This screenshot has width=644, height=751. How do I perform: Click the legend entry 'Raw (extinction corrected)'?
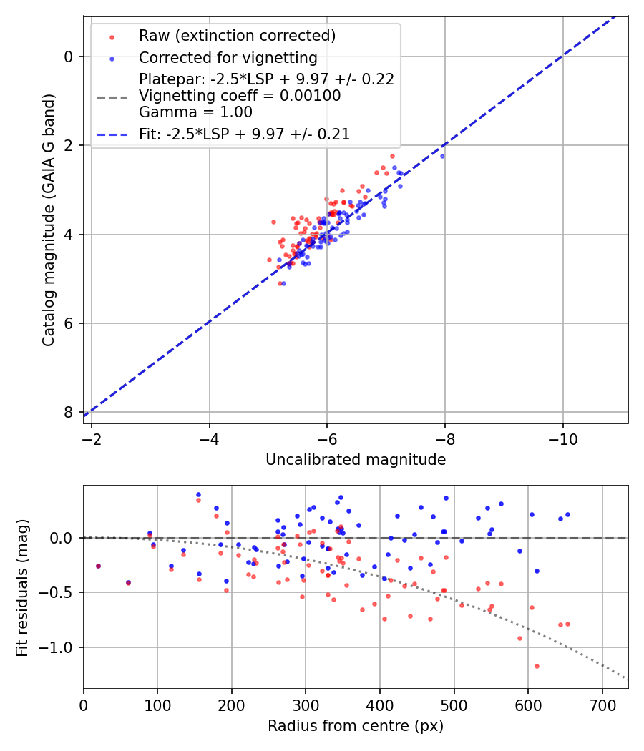pyautogui.click(x=237, y=36)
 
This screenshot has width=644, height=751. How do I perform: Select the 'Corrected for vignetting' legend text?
pyautogui.click(x=228, y=57)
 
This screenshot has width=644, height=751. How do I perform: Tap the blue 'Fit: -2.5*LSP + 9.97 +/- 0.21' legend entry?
pyautogui.click(x=244, y=134)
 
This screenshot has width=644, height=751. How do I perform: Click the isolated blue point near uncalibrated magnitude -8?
pyautogui.click(x=442, y=156)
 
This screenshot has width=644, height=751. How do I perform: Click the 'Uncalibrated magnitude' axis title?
pyautogui.click(x=356, y=460)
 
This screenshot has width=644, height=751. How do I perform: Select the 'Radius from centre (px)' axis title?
pyautogui.click(x=356, y=726)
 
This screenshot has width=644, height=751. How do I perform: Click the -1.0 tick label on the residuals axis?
pyautogui.click(x=58, y=647)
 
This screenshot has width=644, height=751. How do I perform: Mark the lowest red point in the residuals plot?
pyautogui.click(x=537, y=666)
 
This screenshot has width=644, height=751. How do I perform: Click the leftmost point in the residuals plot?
pyautogui.click(x=98, y=566)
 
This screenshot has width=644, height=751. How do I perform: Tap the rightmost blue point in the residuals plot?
pyautogui.click(x=567, y=514)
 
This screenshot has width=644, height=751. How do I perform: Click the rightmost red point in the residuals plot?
pyautogui.click(x=567, y=624)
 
